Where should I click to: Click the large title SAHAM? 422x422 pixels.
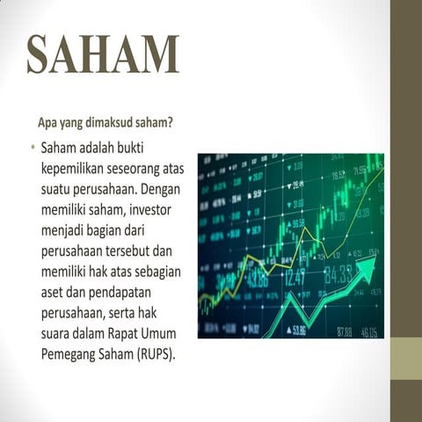point(102,54)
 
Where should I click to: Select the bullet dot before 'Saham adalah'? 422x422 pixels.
point(31,146)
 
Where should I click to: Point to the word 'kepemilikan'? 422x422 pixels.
point(76,167)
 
